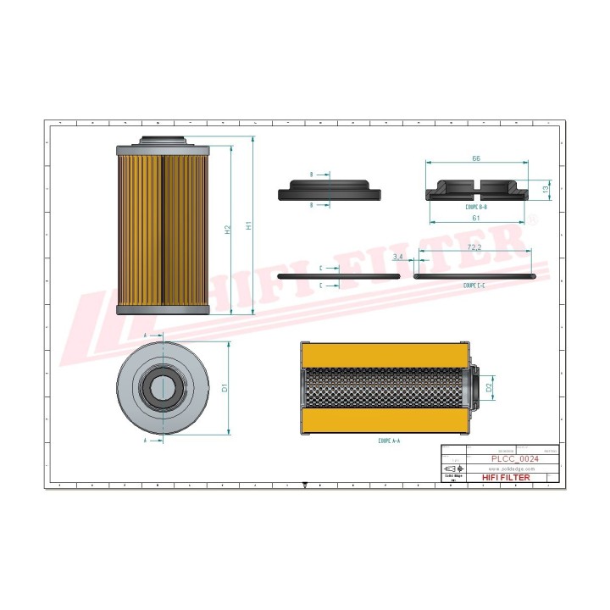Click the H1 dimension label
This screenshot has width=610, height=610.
click(x=249, y=226)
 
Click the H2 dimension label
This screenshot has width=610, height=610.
click(x=227, y=230)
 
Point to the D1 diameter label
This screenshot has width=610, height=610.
click(x=225, y=388)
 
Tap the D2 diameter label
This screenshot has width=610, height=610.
click(x=489, y=387)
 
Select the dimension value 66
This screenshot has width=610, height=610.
click(x=476, y=158)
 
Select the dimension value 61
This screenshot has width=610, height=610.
click(x=476, y=218)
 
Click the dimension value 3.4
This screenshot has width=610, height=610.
click(x=398, y=256)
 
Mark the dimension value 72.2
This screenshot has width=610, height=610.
click(x=475, y=247)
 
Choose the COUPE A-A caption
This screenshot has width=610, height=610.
click(x=390, y=441)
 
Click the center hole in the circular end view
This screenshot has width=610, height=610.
click(x=164, y=388)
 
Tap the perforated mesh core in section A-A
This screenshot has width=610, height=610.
click(x=385, y=388)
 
